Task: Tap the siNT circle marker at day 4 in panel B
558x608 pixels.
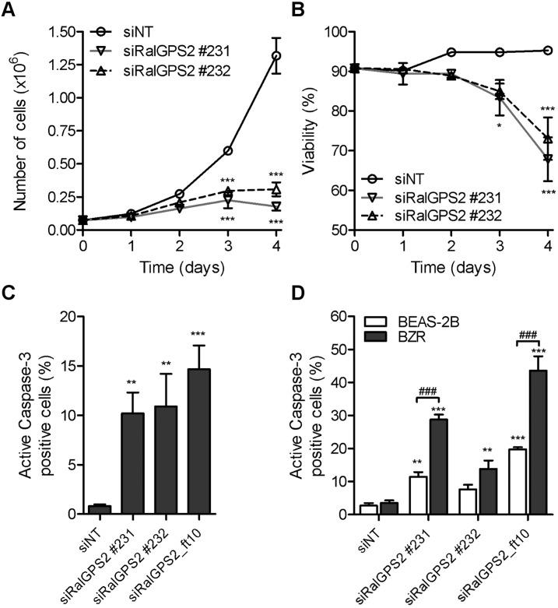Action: pos(547,51)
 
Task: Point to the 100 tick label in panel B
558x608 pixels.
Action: pos(334,32)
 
